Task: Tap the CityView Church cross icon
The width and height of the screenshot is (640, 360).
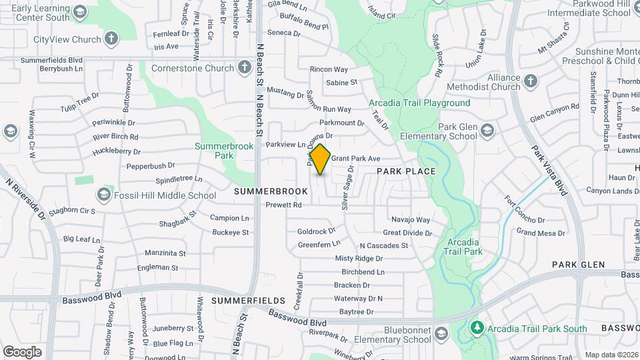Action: point(111,39)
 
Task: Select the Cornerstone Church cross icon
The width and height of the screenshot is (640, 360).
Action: point(245,67)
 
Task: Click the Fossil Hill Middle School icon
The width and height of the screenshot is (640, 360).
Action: point(103,195)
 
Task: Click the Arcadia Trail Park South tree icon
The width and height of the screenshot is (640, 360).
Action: point(477,328)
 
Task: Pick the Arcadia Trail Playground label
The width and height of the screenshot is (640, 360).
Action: point(419,103)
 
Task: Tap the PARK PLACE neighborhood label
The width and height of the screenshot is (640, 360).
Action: point(405,171)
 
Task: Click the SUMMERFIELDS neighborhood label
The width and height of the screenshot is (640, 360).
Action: point(248,301)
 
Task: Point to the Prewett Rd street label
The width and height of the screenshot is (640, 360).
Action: point(284,205)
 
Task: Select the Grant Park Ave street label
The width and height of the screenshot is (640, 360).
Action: point(355,159)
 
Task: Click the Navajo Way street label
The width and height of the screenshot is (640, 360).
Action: point(410,219)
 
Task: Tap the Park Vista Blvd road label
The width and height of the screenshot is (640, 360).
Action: point(549,171)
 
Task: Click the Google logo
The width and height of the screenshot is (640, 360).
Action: point(22,351)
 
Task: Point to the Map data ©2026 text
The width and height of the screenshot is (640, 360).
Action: point(611,355)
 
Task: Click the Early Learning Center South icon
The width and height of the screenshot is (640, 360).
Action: point(80,12)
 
